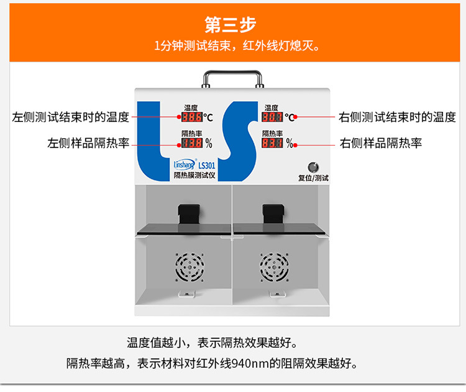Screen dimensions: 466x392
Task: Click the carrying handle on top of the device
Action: pyautogui.click(x=232, y=80)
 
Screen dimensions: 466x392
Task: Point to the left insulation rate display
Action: pyautogui.click(x=191, y=143)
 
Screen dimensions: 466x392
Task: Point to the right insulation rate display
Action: pyautogui.click(x=272, y=143)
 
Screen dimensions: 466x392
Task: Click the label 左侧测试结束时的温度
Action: pyautogui.click(x=71, y=116)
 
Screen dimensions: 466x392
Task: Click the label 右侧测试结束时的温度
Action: pyautogui.click(x=397, y=116)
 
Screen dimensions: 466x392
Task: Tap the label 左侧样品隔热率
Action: pyautogui.click(x=88, y=143)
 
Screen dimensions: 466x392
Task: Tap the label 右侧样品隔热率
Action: pyautogui.click(x=381, y=143)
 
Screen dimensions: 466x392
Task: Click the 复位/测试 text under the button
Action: pyautogui.click(x=313, y=178)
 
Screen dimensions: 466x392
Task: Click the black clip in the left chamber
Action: pyautogui.click(x=187, y=215)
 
